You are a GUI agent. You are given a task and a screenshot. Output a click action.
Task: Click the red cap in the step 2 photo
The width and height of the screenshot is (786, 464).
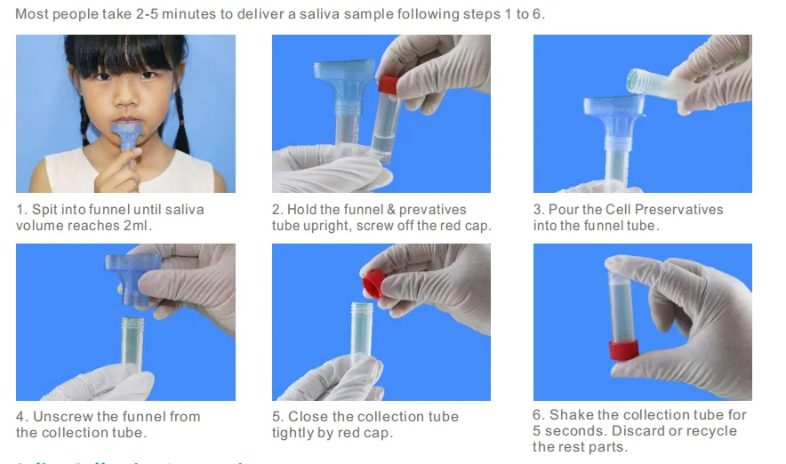tap(388, 85)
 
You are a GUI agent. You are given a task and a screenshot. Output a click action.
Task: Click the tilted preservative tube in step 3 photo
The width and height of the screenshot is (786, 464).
tap(659, 84)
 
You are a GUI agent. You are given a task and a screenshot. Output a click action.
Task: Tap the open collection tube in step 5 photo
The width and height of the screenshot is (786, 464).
tap(363, 338)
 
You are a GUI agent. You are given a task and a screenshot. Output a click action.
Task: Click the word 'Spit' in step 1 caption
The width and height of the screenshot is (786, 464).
tap(45, 210)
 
